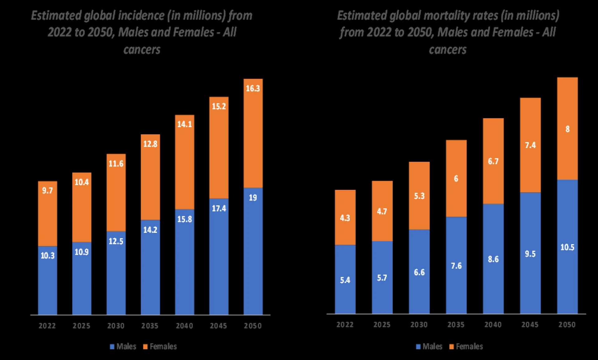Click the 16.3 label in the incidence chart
(x=253, y=89)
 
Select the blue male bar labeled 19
(x=253, y=251)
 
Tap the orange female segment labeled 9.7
(x=48, y=214)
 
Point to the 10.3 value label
(x=48, y=256)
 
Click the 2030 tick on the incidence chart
(x=116, y=326)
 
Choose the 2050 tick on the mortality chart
(x=567, y=324)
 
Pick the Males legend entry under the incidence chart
(x=123, y=346)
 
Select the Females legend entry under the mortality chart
(x=466, y=346)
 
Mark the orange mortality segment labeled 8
(x=567, y=128)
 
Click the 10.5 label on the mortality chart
(x=567, y=247)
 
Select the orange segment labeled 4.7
(x=382, y=211)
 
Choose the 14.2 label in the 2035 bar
(x=150, y=230)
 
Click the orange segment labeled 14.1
(x=184, y=162)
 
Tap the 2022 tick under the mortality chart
(x=345, y=324)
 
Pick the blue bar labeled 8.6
(x=493, y=259)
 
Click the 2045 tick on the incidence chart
(x=218, y=326)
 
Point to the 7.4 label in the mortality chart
(x=530, y=145)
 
